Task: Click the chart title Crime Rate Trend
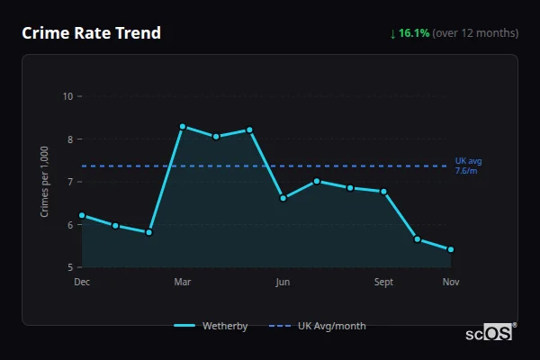pos(91,33)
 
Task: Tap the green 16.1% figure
pos(414,33)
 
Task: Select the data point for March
pos(183,127)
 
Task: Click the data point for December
pos(82,215)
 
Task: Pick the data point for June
pos(283,198)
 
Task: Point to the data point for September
pos(383,191)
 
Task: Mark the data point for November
pos(450,249)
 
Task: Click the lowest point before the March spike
pos(148,232)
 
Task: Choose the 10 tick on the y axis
pos(67,96)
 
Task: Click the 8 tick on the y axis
pos(69,139)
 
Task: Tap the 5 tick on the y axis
pos(69,267)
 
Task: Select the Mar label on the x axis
pos(183,283)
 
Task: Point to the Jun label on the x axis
pos(283,283)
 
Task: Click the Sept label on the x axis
pos(383,283)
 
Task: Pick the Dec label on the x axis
pos(82,283)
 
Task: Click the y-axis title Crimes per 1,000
pos(45,181)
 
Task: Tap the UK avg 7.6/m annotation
pos(468,166)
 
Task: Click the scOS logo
pos(489,333)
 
